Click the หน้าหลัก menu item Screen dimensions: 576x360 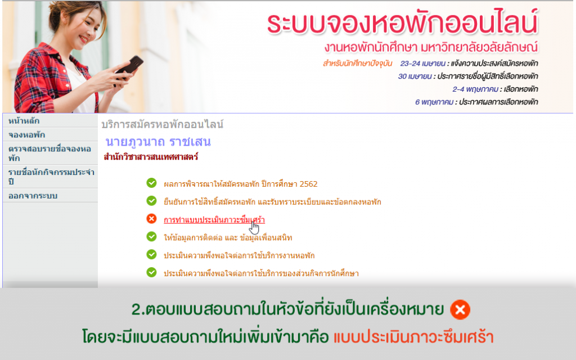pos(24,121)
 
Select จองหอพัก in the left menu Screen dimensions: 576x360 pos(27,135)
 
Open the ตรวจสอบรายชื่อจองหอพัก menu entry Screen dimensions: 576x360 pos(49,154)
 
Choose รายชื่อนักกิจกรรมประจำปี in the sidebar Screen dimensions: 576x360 pos(51,177)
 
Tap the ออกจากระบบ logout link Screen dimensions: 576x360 pos(33,196)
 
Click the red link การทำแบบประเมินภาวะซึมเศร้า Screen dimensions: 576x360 pos(214,220)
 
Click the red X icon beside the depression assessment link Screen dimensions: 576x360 pos(151,219)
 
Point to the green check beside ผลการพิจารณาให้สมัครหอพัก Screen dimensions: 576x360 pos(151,183)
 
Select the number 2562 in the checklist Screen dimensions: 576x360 pos(309,184)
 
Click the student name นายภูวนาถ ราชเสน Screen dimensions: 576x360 pos(158,142)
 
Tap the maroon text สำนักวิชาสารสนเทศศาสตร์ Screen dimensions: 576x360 pos(151,157)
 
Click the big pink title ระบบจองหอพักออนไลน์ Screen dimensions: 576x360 pos(403,24)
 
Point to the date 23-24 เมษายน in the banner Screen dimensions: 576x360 pos(422,64)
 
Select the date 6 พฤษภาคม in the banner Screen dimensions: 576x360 pos(434,102)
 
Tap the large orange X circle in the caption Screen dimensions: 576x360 pos(460,310)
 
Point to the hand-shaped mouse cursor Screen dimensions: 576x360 pos(254,227)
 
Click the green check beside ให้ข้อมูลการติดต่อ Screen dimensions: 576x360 pos(151,237)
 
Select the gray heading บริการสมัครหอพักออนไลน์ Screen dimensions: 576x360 pos(163,124)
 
